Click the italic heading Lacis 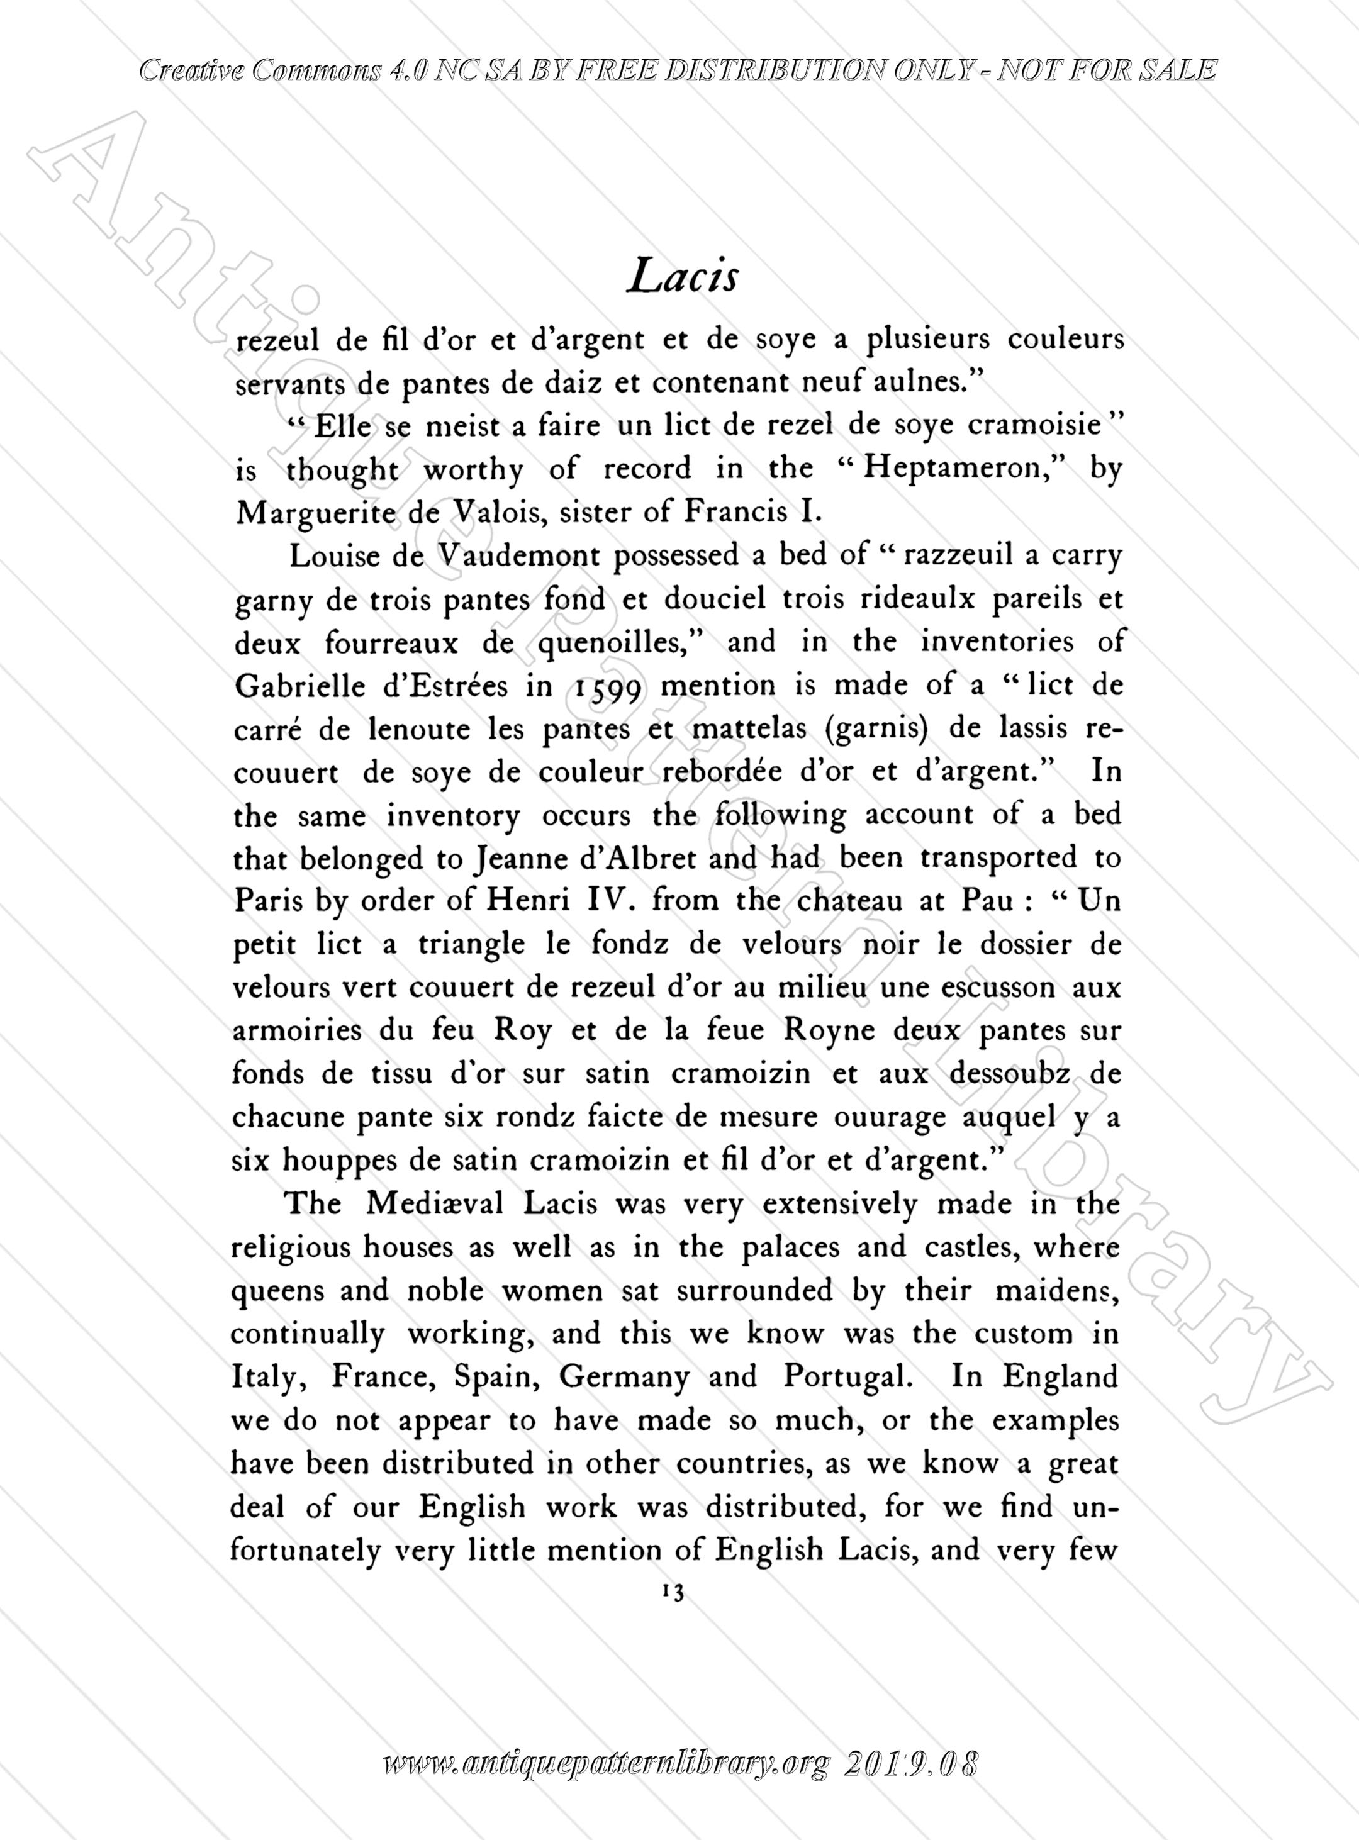[x=681, y=277]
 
